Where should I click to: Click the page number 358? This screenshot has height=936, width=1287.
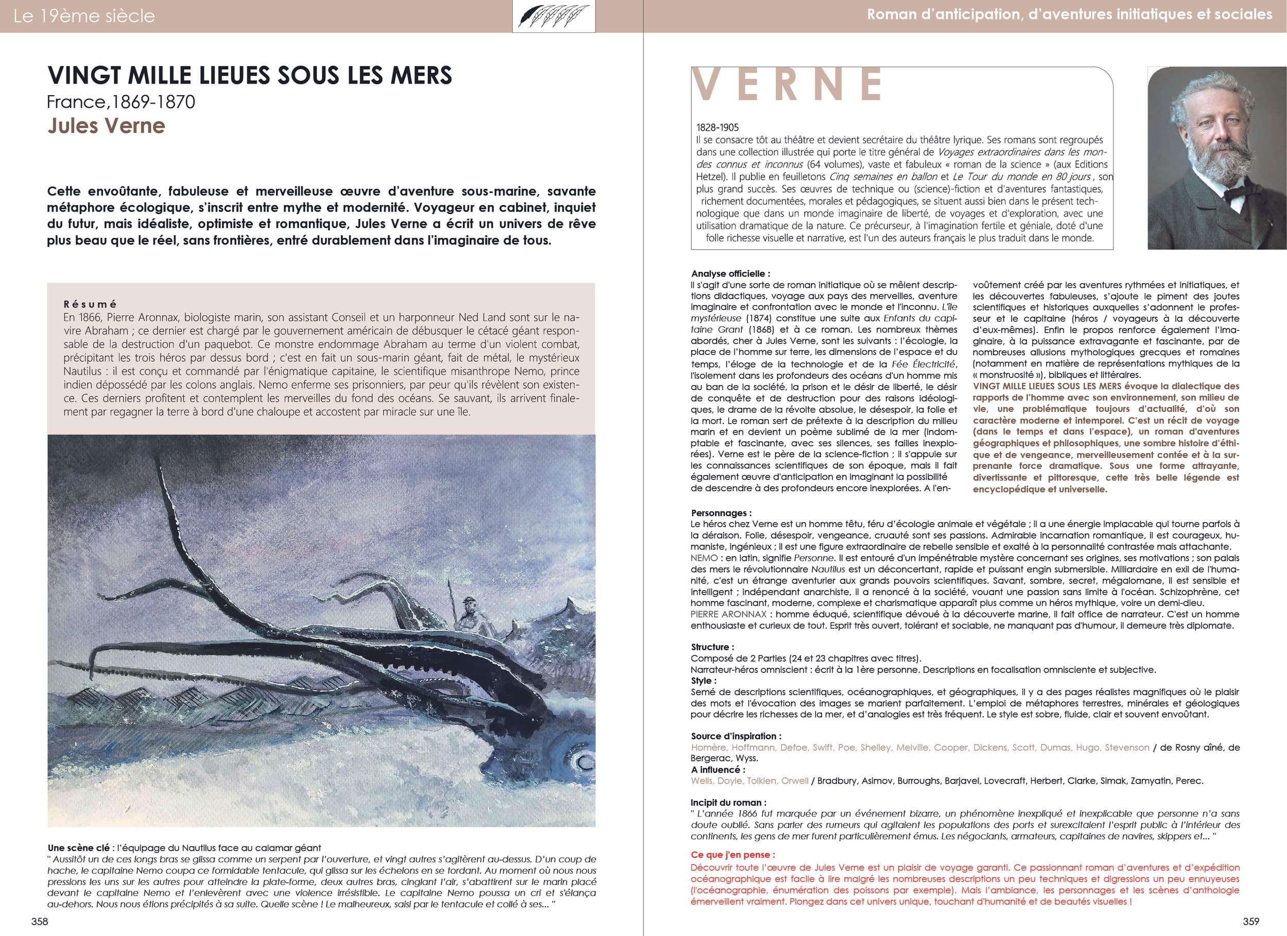click(40, 921)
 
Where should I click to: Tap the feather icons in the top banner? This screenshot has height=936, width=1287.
click(553, 16)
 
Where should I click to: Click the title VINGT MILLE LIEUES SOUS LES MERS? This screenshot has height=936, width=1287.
click(250, 75)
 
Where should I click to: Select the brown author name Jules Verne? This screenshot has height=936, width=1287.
click(106, 126)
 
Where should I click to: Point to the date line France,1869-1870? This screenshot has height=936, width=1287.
click(121, 101)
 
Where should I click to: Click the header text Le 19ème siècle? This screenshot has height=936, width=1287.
click(84, 16)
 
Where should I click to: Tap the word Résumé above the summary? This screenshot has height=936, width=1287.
click(90, 304)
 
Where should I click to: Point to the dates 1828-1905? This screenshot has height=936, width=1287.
click(717, 128)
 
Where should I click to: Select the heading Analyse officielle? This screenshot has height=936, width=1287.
click(731, 273)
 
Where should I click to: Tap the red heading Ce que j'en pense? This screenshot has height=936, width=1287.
click(733, 855)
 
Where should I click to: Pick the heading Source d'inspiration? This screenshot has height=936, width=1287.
click(736, 736)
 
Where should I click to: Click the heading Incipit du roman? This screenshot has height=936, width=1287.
click(728, 803)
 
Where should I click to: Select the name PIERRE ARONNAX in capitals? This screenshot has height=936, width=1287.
click(728, 614)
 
